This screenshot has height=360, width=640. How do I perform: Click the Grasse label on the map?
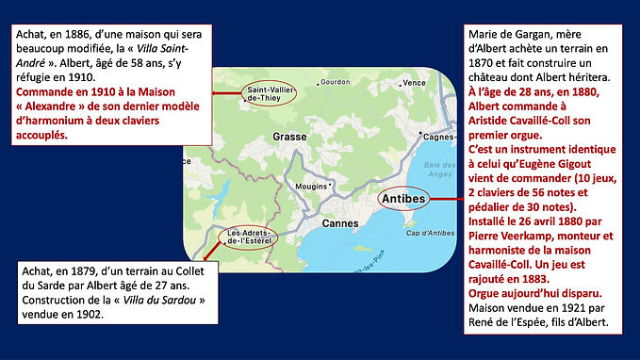coord(290,137)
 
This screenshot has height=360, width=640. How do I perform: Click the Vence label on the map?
coord(414,83)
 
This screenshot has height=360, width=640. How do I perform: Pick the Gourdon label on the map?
coord(335,82)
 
